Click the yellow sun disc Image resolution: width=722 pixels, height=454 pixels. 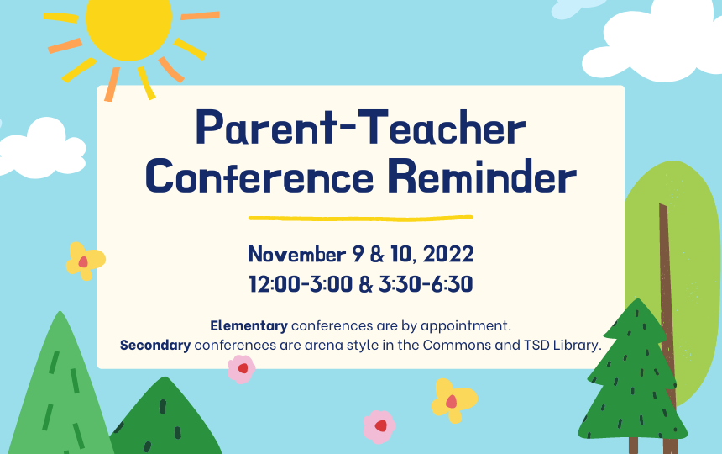pyautogui.click(x=128, y=24)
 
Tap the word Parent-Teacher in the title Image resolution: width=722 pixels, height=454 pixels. pyautogui.click(x=360, y=131)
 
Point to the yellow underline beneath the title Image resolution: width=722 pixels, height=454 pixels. pyautogui.click(x=361, y=218)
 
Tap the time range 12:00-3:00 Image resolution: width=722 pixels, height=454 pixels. pyautogui.click(x=300, y=284)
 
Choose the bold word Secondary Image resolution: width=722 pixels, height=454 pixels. pyautogui.click(x=155, y=345)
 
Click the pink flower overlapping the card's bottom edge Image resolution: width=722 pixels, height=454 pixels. pyautogui.click(x=242, y=368)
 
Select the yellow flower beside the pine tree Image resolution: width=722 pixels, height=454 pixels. pyautogui.click(x=453, y=399)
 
